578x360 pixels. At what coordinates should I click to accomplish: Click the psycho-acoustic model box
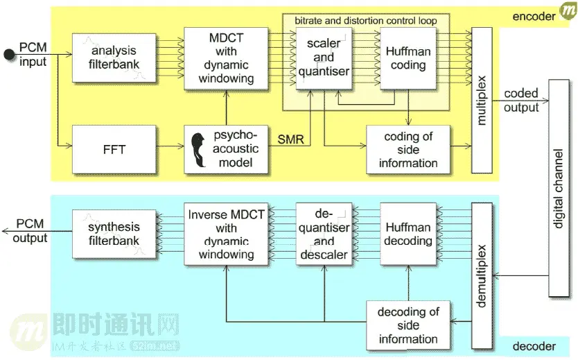tap(226, 148)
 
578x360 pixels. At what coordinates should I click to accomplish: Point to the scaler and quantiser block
tap(324, 57)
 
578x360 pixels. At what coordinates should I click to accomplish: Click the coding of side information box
tap(408, 148)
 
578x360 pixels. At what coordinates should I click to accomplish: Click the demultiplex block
tap(481, 275)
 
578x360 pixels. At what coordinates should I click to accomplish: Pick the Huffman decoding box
tap(408, 234)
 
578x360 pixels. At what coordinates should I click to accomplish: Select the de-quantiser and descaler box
tap(324, 234)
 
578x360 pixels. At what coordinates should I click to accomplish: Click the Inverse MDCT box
tap(226, 234)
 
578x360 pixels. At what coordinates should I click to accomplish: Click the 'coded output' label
tap(521, 101)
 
